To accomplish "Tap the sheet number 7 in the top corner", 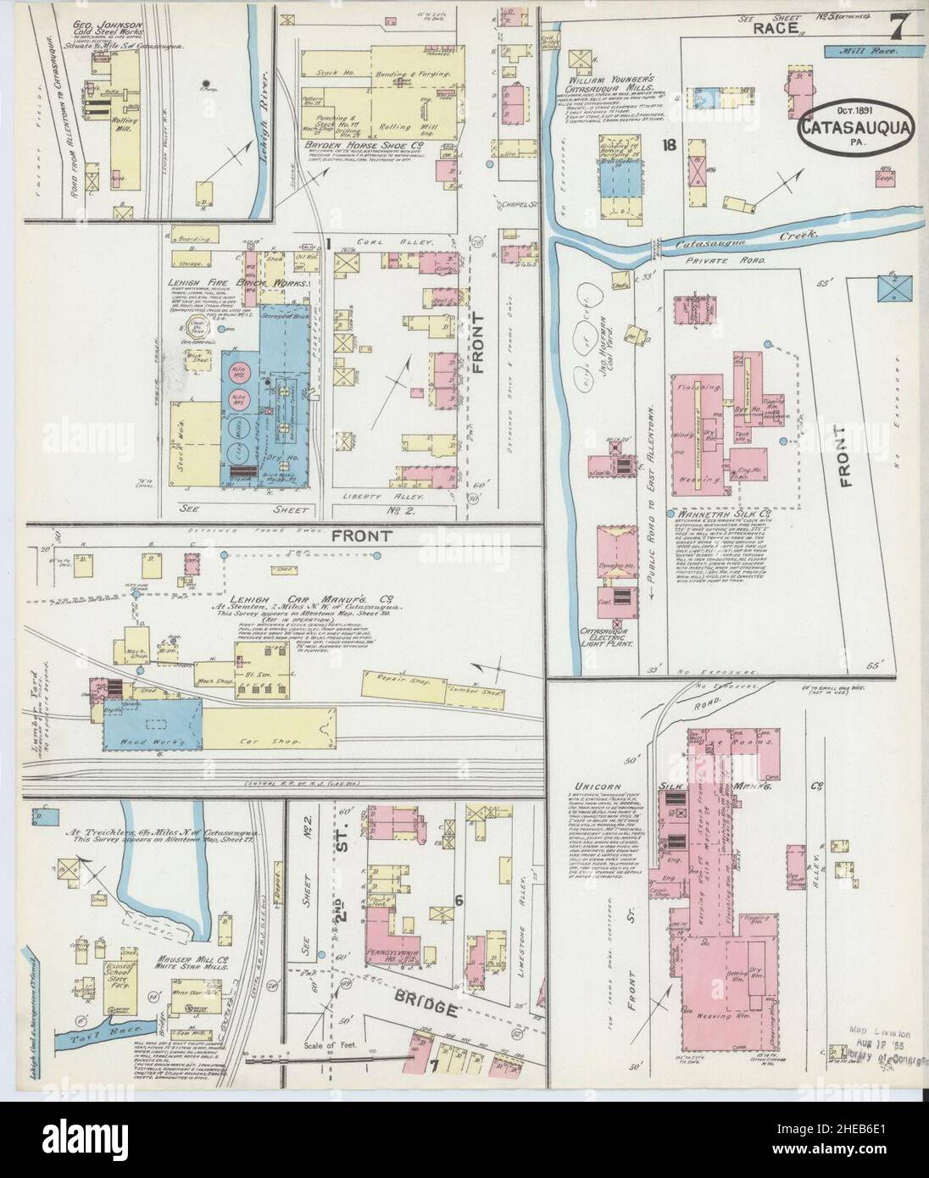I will click(896, 31).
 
